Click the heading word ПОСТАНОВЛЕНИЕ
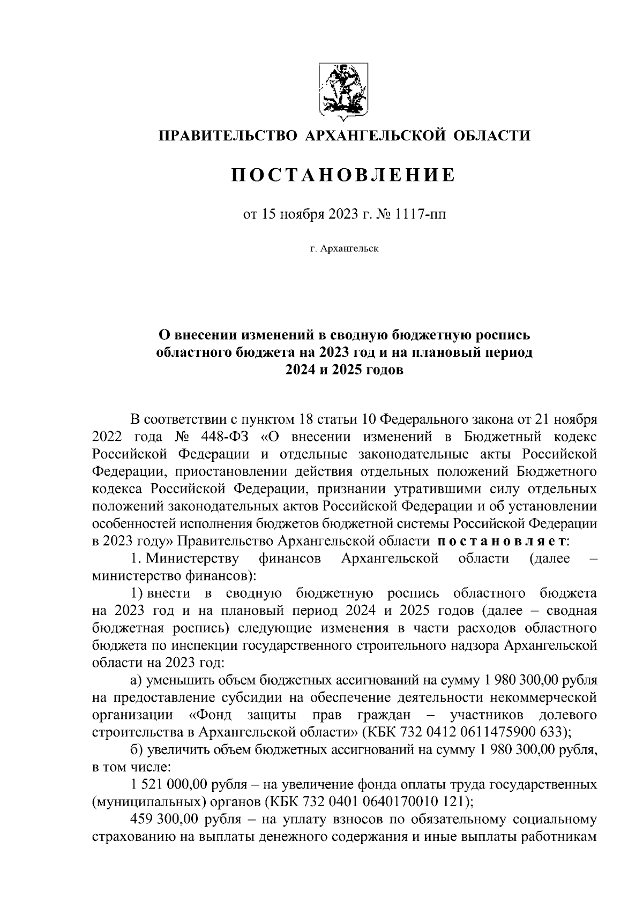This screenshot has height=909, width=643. tap(343, 175)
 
